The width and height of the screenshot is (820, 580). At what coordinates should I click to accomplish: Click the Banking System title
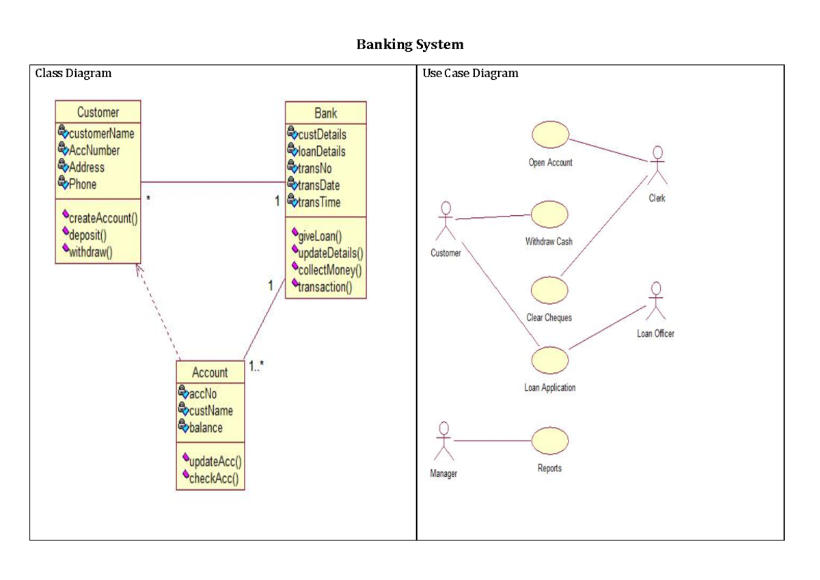tap(410, 45)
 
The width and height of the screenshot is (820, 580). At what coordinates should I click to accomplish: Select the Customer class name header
tap(98, 112)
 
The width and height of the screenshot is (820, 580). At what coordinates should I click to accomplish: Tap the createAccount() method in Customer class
tap(103, 219)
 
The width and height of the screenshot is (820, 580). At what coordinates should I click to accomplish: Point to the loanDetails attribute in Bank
tap(321, 152)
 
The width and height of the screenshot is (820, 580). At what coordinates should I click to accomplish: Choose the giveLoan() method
tap(320, 237)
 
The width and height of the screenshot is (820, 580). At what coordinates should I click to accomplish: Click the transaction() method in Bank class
tap(325, 287)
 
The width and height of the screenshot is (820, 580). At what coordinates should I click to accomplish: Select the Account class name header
tap(210, 372)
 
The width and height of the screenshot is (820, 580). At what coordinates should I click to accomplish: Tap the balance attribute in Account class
tap(205, 428)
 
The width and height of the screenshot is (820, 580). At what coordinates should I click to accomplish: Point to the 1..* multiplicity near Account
tap(256, 367)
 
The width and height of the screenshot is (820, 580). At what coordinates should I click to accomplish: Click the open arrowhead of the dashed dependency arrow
tap(138, 268)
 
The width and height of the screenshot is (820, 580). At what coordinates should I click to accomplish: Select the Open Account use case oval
tap(550, 135)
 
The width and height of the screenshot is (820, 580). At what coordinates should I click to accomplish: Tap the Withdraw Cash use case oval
tap(549, 215)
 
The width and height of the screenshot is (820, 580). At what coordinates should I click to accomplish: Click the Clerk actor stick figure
tap(657, 164)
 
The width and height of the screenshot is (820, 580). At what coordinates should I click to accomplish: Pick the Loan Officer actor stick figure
tap(655, 301)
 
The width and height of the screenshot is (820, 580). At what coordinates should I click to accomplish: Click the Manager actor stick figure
tap(444, 441)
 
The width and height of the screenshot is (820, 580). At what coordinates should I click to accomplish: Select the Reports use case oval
tap(549, 441)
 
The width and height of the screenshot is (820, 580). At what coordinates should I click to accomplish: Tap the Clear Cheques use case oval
tap(549, 290)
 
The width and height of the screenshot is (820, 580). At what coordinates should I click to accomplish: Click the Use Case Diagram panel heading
tap(470, 73)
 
